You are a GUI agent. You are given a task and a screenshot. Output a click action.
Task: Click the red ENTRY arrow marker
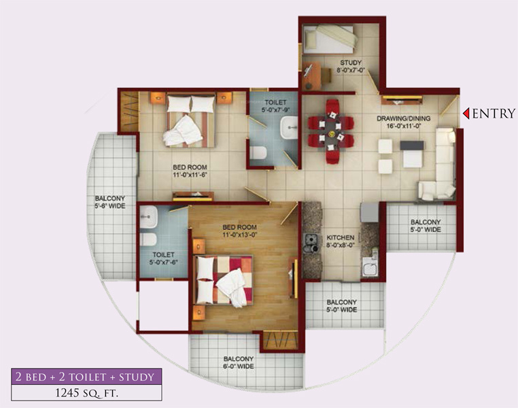coord(466,114)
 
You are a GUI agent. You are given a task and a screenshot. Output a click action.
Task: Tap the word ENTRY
coord(494,114)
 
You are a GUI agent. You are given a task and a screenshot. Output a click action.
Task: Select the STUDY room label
coord(352,66)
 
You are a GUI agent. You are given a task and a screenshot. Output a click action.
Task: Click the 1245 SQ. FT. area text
coord(86,392)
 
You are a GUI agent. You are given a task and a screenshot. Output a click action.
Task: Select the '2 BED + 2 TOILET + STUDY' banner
coord(86,376)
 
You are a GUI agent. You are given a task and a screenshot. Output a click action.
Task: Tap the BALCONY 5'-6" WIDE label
coord(110,202)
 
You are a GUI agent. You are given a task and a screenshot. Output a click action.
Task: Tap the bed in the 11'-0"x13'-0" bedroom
coord(224,281)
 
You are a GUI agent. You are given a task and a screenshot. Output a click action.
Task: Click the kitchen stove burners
coord(312,242)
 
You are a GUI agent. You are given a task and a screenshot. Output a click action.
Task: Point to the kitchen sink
coord(370,268)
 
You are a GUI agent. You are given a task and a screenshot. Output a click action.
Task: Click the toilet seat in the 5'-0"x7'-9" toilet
coord(258,152)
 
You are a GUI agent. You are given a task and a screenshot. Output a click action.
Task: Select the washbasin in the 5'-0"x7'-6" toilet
coord(148,219)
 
